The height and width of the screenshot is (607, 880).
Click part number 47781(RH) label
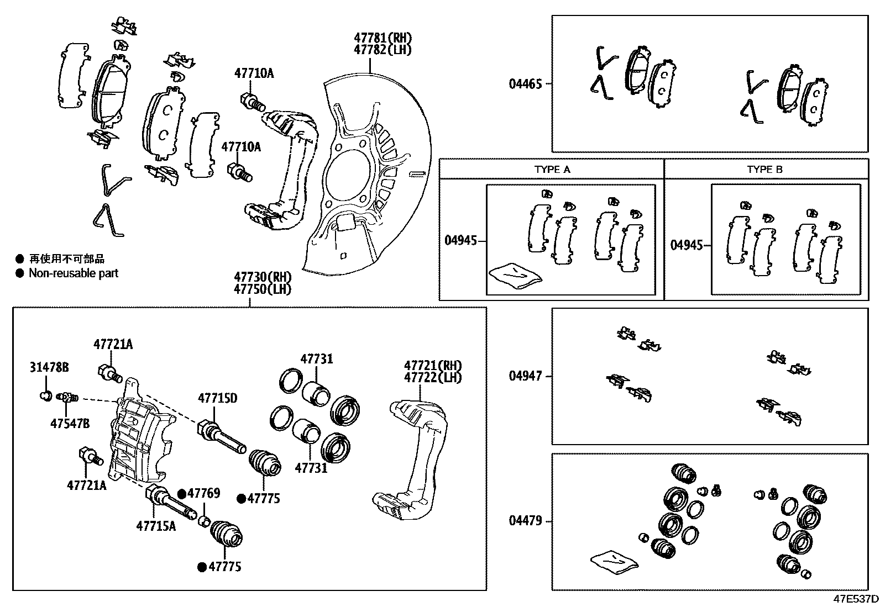tap(383, 38)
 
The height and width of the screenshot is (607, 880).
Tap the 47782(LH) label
tap(383, 50)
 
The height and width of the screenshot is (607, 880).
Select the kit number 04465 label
tap(525, 84)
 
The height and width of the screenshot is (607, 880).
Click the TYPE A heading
tap(552, 170)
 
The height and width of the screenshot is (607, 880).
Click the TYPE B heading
tap(764, 170)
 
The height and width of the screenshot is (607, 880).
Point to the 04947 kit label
tap(525, 376)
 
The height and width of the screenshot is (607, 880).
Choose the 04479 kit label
tap(525, 521)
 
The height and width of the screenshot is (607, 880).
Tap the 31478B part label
tap(49, 367)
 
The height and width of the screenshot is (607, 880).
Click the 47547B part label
tap(70, 424)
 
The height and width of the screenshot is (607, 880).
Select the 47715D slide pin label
tap(218, 398)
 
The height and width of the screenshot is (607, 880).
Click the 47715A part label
tap(156, 526)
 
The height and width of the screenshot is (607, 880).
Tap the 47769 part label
tap(203, 493)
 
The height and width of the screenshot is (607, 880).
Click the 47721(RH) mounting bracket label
tap(433, 366)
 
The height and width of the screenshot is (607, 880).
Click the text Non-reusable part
tap(73, 273)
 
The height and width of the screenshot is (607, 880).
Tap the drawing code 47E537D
tap(856, 599)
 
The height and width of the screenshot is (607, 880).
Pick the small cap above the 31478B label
tap(46, 395)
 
